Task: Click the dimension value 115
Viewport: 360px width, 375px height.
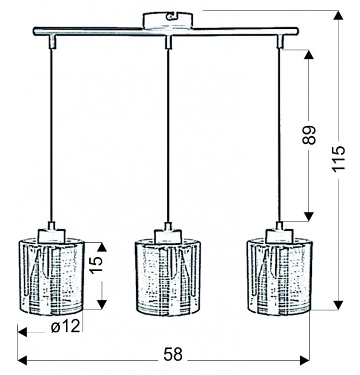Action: coord(338,159)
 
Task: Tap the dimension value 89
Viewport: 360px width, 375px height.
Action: coord(309,135)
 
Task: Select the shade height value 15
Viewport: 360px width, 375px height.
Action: coord(96,265)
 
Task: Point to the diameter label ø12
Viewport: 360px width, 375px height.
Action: coord(65,326)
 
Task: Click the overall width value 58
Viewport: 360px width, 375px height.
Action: coord(173,354)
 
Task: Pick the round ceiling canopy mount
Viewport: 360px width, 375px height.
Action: coord(168,20)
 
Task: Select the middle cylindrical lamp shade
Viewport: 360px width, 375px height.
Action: coord(168,277)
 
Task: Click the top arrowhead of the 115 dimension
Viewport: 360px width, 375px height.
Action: coord(338,15)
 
